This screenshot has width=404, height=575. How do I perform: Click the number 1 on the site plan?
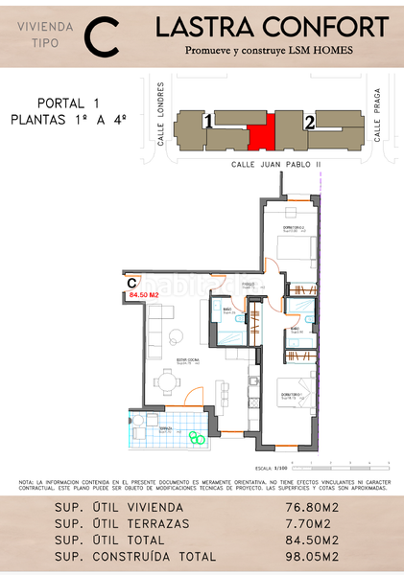coord(208,122)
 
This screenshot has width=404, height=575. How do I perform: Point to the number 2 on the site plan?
coord(309,122)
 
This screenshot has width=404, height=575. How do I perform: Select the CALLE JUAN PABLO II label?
coord(276,164)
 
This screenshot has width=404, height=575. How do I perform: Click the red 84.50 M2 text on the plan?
coord(143,296)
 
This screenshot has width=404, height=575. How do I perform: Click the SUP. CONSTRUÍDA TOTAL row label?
coord(135,556)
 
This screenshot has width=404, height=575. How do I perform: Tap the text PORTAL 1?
coord(68,103)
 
